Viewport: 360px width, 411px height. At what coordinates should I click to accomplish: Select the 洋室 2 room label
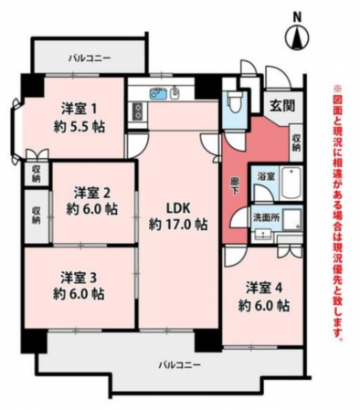click(x=92, y=192)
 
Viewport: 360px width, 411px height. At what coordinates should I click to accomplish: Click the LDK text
click(x=176, y=206)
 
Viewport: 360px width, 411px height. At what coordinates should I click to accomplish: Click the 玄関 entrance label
click(x=281, y=106)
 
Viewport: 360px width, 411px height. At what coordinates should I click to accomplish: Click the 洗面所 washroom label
click(x=268, y=217)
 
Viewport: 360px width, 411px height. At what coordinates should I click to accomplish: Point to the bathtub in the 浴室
click(x=290, y=185)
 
